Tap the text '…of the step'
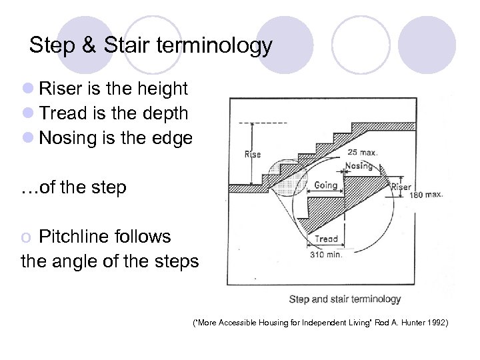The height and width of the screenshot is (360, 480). (x=73, y=187)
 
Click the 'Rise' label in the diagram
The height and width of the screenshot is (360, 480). (x=253, y=155)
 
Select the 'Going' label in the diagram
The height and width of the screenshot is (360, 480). (x=326, y=185)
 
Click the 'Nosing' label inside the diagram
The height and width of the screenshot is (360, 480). (x=359, y=165)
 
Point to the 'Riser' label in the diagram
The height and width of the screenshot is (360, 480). (x=401, y=187)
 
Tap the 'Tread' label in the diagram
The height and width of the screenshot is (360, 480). (x=325, y=239)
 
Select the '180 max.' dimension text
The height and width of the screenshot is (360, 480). (x=425, y=195)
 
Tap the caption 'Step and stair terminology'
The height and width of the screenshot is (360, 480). (x=345, y=299)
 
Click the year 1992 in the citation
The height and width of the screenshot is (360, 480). (x=437, y=324)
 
